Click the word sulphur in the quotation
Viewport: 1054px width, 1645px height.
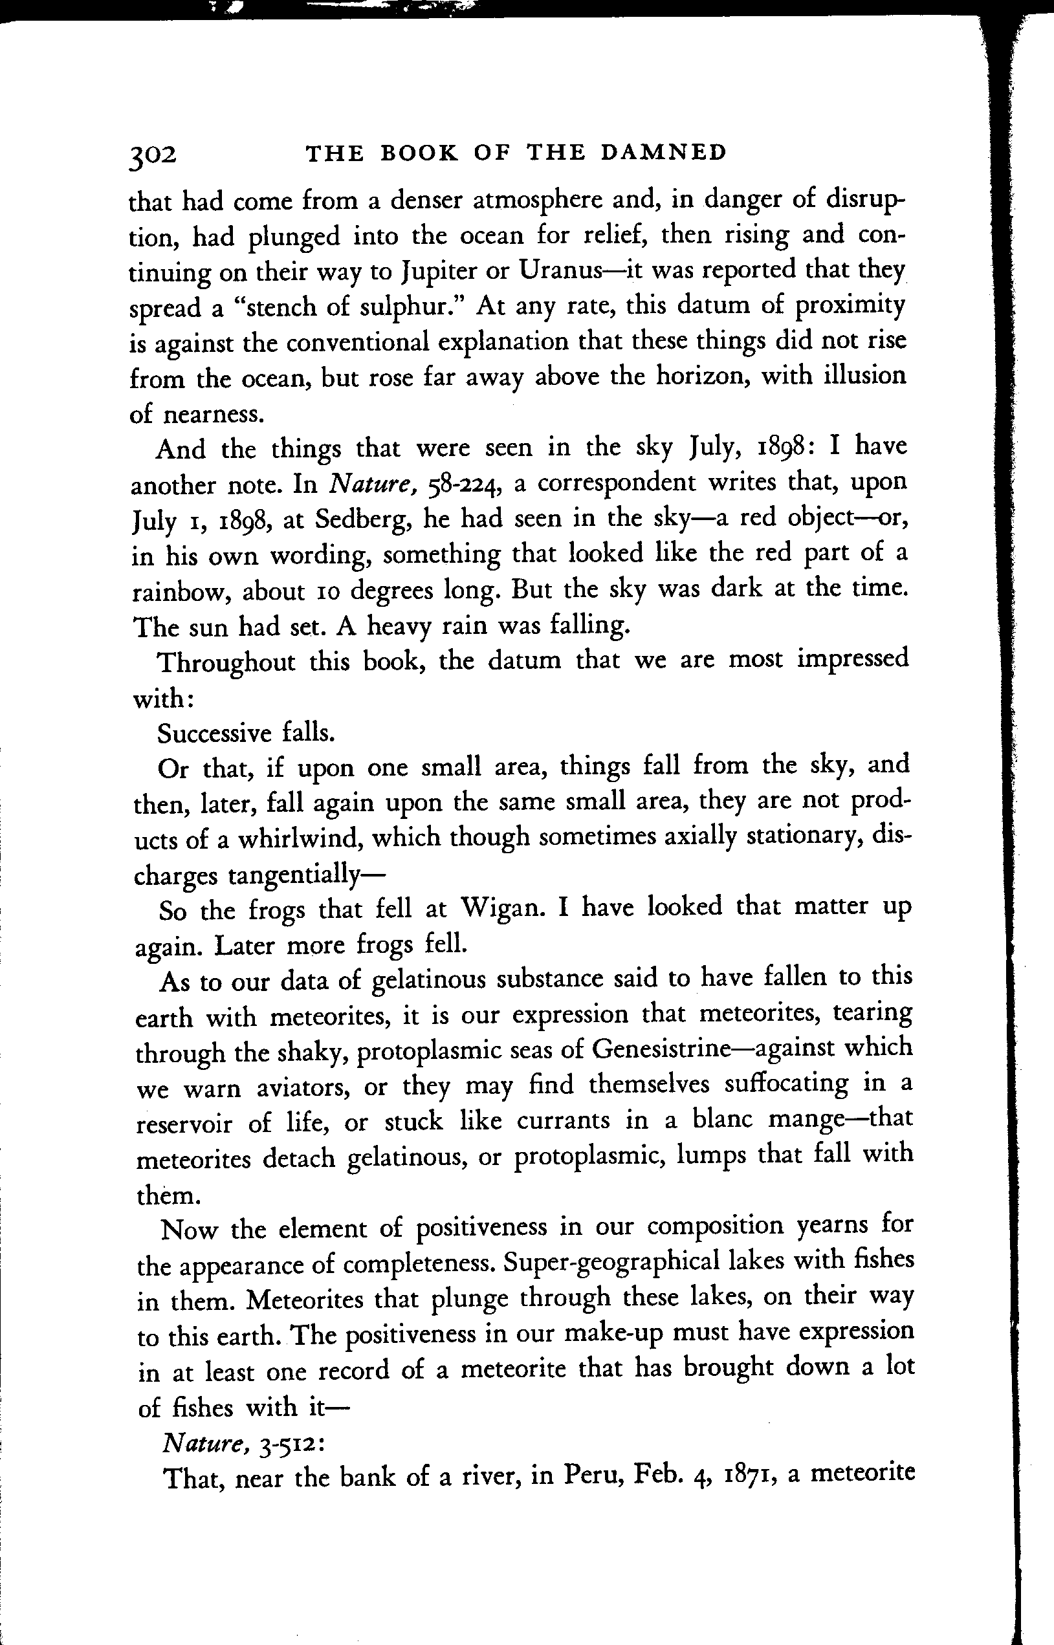pyautogui.click(x=410, y=306)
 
